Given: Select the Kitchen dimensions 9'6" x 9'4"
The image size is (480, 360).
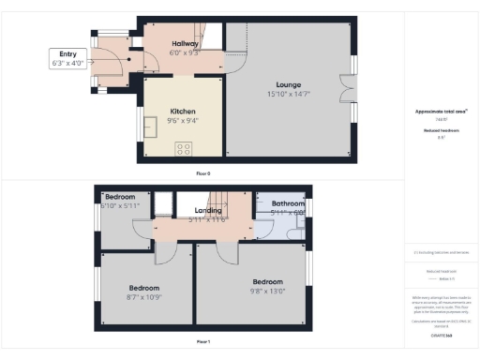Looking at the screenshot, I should (x=182, y=120).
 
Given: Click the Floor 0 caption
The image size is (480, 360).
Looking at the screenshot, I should (x=203, y=174).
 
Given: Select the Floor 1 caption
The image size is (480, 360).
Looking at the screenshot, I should (x=203, y=342).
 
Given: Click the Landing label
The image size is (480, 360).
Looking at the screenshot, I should (x=207, y=211).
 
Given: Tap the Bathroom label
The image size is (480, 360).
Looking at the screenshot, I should (x=288, y=203).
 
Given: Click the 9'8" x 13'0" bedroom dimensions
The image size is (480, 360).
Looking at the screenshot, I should (x=267, y=291).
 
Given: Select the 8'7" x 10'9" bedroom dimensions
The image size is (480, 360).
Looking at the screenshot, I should (x=144, y=297).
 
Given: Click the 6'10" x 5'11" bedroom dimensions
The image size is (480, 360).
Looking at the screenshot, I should (x=119, y=205).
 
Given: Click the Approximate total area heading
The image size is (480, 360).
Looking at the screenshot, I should (x=441, y=111).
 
